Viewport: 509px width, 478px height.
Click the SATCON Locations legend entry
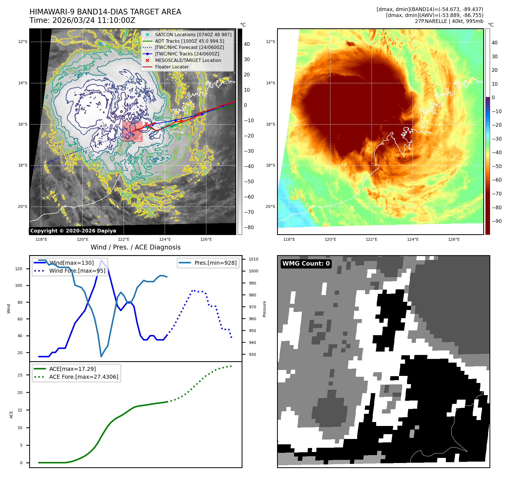[x=193, y=35]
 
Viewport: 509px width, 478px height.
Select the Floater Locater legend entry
[x=172, y=67]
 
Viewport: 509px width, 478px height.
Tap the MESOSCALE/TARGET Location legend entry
[x=188, y=60]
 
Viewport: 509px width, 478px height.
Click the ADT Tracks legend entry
[x=189, y=41]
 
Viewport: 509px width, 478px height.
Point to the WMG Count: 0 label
[x=306, y=264]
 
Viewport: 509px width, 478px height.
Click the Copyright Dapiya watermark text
[x=73, y=231]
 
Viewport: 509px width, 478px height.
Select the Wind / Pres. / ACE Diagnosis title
[x=135, y=247]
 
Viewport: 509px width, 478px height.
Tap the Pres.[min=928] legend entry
[x=215, y=263]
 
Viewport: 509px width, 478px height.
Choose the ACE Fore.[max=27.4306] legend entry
[x=84, y=377]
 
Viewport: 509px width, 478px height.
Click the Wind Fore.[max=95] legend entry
[x=77, y=271]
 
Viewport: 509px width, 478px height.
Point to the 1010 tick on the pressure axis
[x=253, y=259]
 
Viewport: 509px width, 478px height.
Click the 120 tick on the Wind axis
[x=19, y=269]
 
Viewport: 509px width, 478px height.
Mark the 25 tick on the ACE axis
[x=20, y=375]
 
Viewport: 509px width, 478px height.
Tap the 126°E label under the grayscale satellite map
[x=206, y=239]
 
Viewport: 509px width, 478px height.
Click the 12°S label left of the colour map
[x=270, y=42]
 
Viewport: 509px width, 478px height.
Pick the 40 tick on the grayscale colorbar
[x=247, y=44]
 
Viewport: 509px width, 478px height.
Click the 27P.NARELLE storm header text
[x=449, y=21]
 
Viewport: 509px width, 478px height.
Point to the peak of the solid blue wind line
[x=101, y=260]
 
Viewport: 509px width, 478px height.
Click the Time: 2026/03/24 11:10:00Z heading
[x=82, y=20]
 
